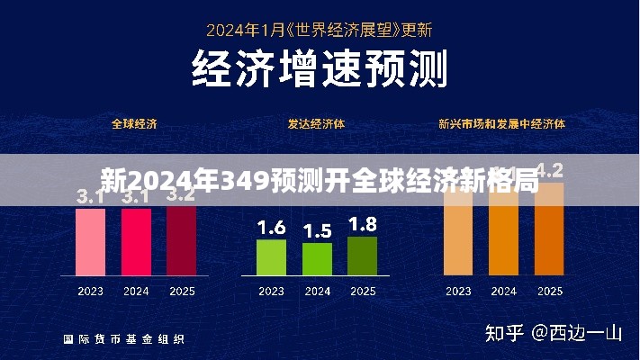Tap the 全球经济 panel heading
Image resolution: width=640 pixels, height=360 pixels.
tap(134, 123)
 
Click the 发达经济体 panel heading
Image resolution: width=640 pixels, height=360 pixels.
tap(316, 123)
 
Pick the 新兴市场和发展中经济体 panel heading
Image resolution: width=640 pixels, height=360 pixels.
tap(501, 123)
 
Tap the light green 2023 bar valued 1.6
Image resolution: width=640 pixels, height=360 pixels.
tap(271, 257)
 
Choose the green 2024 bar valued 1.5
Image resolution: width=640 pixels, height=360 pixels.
tap(317, 259)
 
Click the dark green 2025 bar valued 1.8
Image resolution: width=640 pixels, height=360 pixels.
tap(362, 256)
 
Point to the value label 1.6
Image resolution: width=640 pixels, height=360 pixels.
tap(271, 228)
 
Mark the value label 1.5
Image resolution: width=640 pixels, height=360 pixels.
tap(317, 231)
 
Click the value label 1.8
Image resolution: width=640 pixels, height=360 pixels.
tap(362, 224)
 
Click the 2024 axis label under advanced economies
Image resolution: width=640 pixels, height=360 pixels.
tap(317, 292)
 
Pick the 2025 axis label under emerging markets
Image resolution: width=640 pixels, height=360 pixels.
tap(549, 292)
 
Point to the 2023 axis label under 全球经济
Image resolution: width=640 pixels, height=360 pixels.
tap(90, 292)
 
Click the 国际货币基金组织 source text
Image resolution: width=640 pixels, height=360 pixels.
tap(124, 339)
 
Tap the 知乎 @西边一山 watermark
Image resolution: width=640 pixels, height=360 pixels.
tap(554, 334)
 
